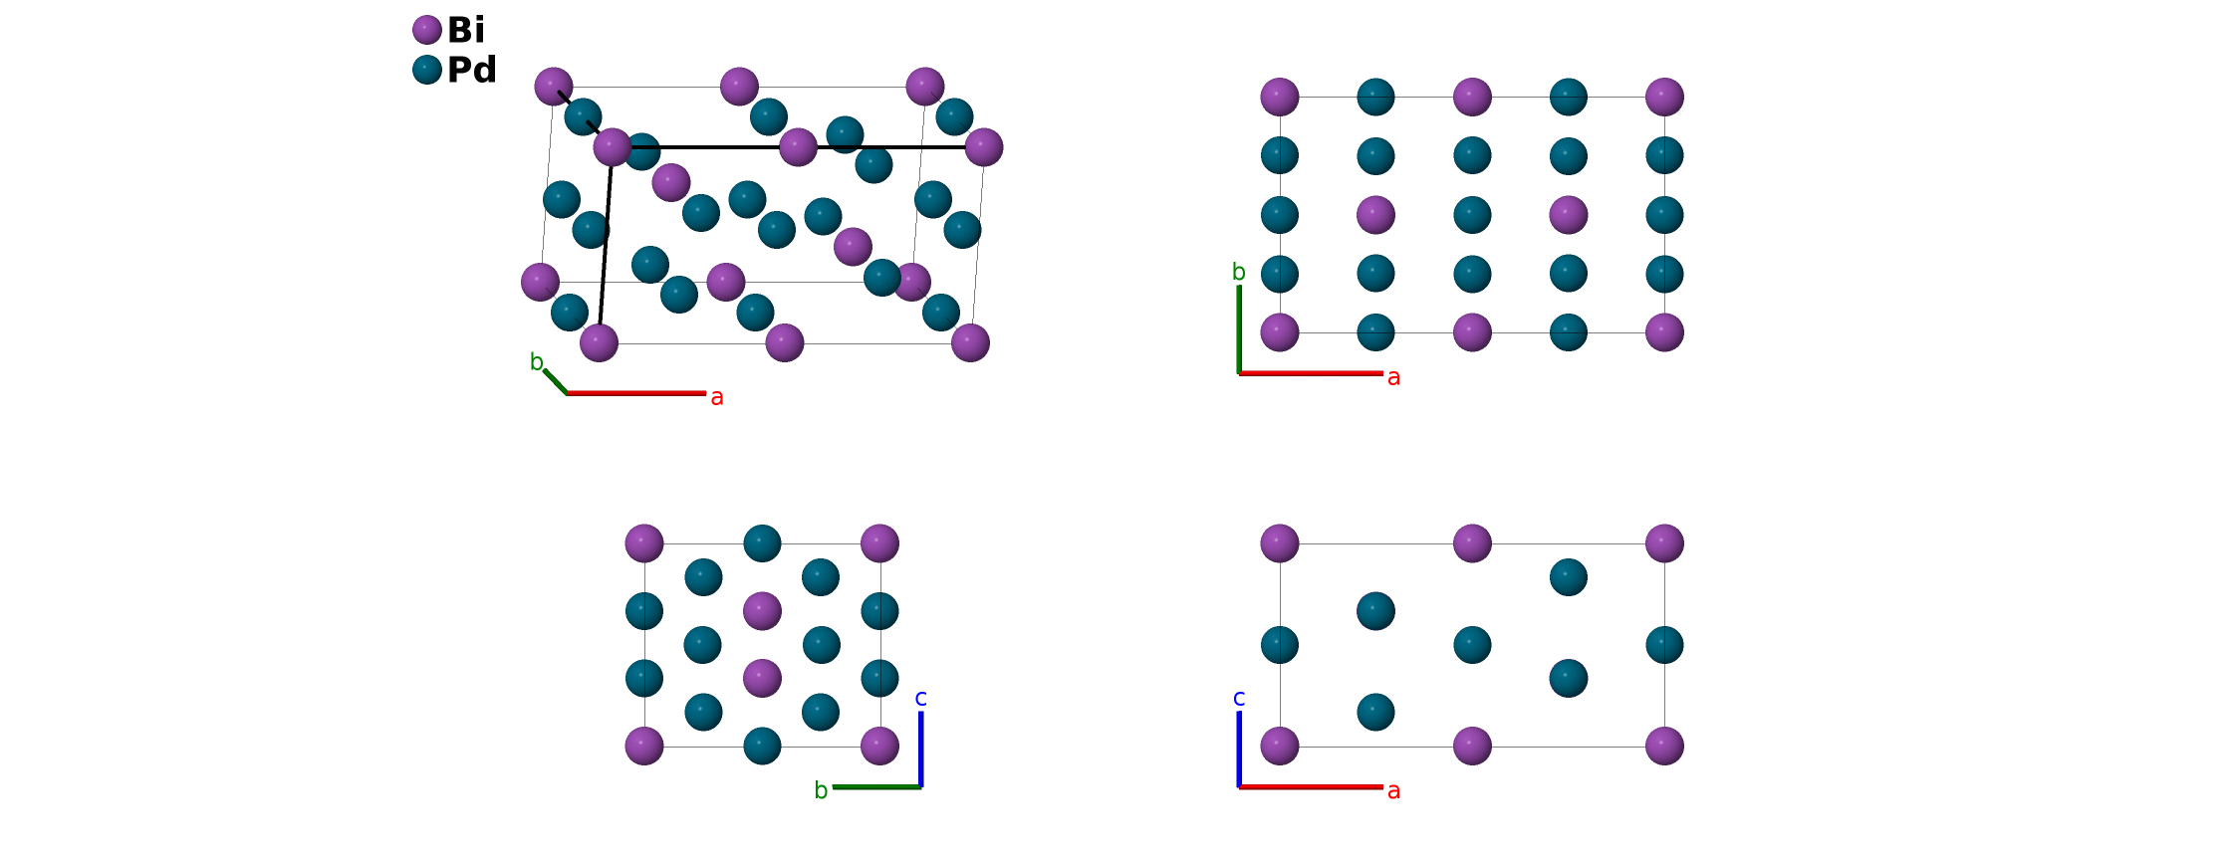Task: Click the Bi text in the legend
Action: [x=465, y=30]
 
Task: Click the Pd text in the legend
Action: [x=471, y=70]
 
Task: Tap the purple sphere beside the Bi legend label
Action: [x=427, y=30]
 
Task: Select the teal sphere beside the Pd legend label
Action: [x=427, y=70]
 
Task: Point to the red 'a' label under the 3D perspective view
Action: [x=717, y=397]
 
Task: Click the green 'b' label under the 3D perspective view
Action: [x=537, y=362]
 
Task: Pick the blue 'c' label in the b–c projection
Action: [x=921, y=698]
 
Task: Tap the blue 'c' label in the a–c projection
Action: [x=1239, y=698]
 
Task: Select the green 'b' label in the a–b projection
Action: [x=1239, y=272]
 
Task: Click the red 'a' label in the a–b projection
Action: [x=1393, y=377]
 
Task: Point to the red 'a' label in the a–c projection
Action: [x=1393, y=790]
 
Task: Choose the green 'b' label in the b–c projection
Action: [x=821, y=790]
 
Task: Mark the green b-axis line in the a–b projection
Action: [x=1239, y=328]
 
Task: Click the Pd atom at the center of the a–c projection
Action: [x=1472, y=645]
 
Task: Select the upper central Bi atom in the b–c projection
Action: [x=762, y=611]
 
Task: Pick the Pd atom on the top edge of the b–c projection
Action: [x=762, y=543]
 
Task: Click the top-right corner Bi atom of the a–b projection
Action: [x=1664, y=98]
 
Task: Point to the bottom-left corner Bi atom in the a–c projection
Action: [x=1280, y=746]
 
